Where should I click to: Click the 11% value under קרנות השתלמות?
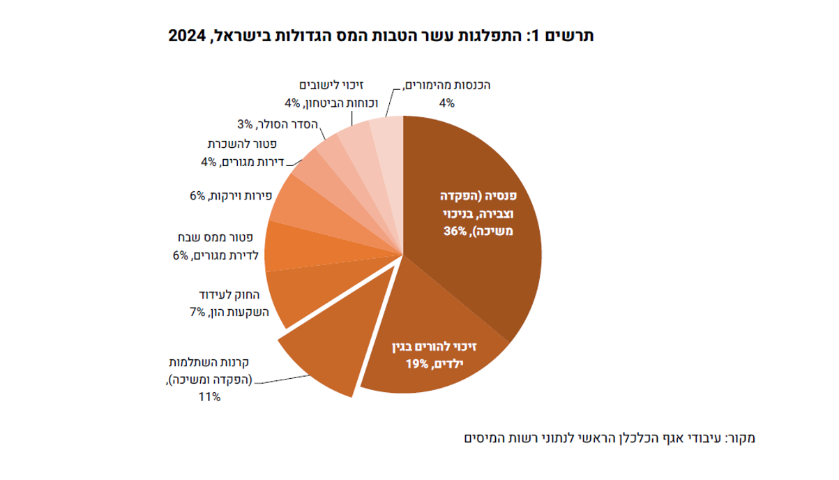(x=209, y=397)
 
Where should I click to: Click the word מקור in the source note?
(x=740, y=439)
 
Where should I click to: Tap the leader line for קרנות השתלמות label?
(x=286, y=379)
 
